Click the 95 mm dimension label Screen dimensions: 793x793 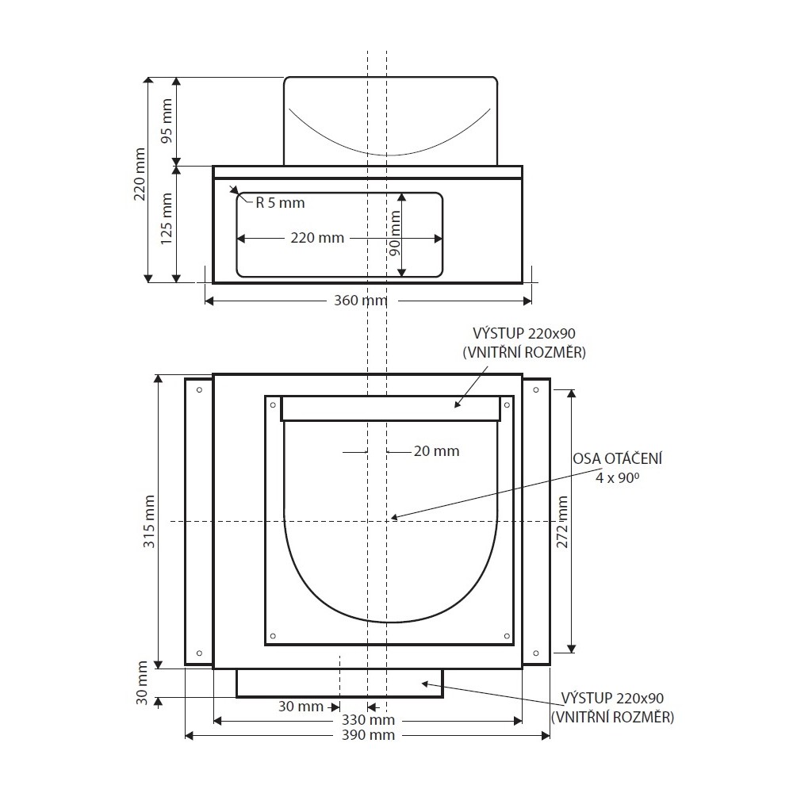point(167,121)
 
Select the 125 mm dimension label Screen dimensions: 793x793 point(167,219)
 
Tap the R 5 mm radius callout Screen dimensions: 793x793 point(280,203)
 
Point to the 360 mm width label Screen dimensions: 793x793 point(361,301)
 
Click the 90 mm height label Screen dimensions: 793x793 point(395,233)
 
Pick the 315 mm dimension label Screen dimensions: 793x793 point(149,522)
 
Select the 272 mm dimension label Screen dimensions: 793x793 point(562,522)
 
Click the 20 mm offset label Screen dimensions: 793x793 point(436,450)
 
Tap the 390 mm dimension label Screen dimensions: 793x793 point(368,735)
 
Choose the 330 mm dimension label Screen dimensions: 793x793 point(368,720)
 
